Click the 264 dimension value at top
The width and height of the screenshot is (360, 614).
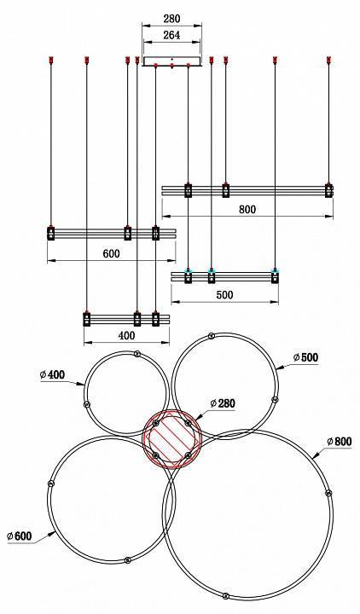pyautogui.click(x=171, y=36)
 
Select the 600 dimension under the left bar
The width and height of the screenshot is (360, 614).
pyautogui.click(x=111, y=253)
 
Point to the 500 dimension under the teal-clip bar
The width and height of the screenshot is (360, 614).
pyautogui.click(x=223, y=295)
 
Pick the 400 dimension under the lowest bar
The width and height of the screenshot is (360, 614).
pyautogui.click(x=126, y=336)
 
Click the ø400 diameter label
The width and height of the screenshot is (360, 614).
pyautogui.click(x=53, y=374)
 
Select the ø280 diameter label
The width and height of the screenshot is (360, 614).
pyautogui.click(x=224, y=403)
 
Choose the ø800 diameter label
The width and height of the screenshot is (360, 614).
pyautogui.click(x=339, y=442)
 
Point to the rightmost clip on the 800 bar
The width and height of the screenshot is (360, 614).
pyautogui.click(x=328, y=190)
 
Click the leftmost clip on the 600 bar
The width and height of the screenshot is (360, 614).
pyautogui.click(x=52, y=232)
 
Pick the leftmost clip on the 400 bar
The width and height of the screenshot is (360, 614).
pyautogui.click(x=87, y=320)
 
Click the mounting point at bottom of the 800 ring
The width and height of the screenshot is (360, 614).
pyautogui.click(x=224, y=595)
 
